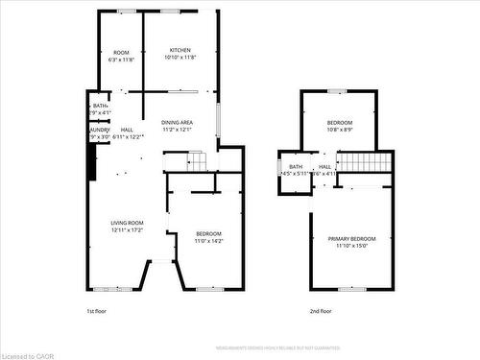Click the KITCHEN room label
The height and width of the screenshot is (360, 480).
(x=180, y=50)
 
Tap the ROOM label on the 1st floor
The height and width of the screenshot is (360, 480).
(x=121, y=52)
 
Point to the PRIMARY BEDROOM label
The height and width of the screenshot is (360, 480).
(x=351, y=238)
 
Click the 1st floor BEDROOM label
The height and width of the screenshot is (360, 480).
(x=208, y=234)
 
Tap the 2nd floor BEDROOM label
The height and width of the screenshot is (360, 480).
(x=339, y=123)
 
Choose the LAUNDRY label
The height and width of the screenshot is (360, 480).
(x=99, y=130)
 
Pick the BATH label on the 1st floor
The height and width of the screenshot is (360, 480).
(x=99, y=106)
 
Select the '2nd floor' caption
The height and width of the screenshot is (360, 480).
(x=320, y=311)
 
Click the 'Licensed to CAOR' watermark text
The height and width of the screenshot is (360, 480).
(x=30, y=353)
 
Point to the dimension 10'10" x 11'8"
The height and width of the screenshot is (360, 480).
(x=180, y=58)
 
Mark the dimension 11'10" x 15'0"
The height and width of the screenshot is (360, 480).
(x=351, y=246)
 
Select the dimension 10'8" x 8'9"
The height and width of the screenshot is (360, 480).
(x=339, y=131)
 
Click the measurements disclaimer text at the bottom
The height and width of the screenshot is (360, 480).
(x=277, y=348)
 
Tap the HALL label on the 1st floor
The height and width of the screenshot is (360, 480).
(x=127, y=130)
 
